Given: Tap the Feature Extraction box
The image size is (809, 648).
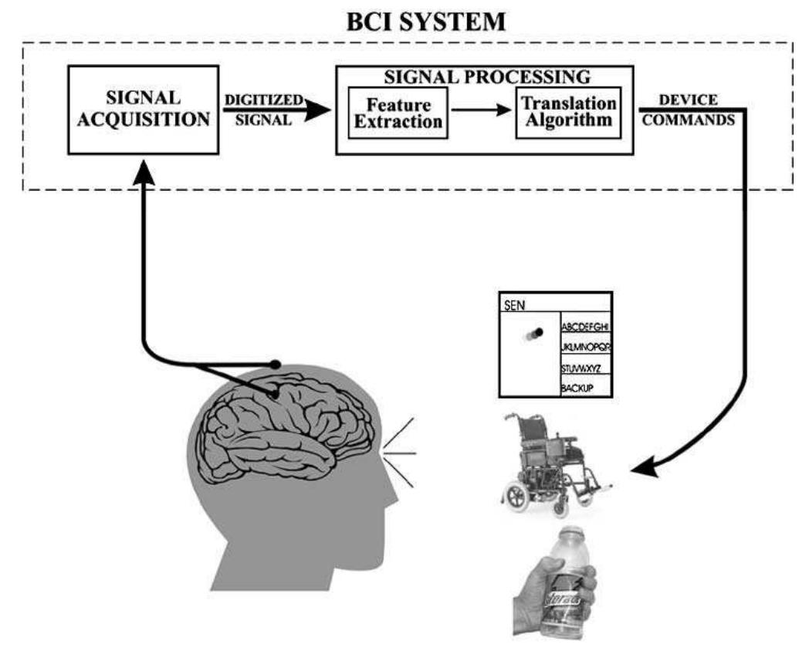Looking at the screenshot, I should [398, 112].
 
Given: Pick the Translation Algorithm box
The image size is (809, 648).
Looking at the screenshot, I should [567, 112].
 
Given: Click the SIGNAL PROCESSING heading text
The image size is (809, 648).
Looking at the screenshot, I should [483, 77].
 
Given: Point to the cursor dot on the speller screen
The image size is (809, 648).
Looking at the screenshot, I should [537, 332].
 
